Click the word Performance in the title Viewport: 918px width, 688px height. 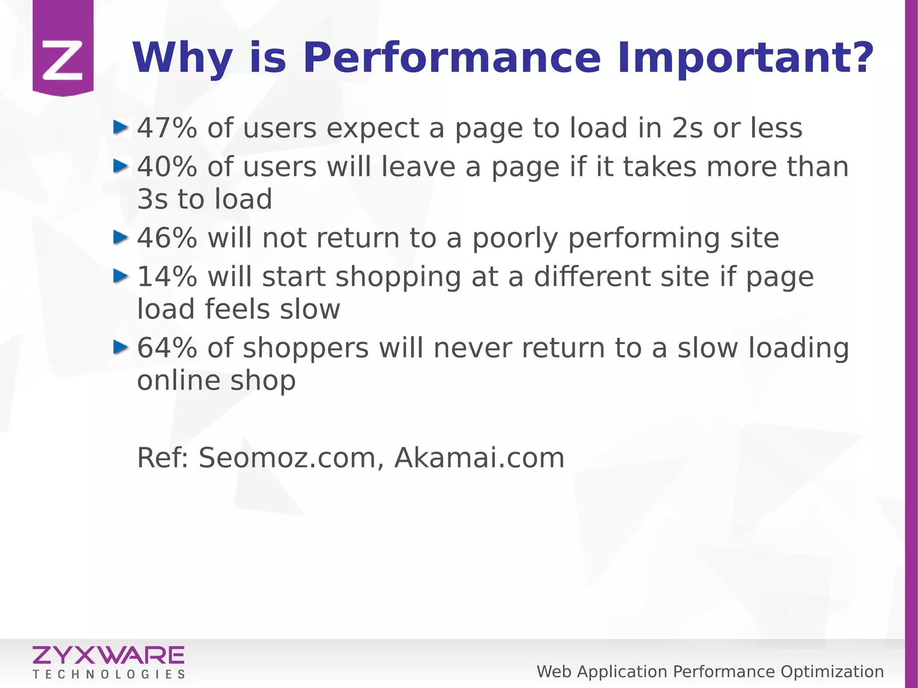click(x=451, y=58)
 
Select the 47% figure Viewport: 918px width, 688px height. click(x=167, y=128)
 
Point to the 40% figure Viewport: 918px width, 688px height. click(x=167, y=167)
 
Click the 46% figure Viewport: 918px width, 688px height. click(x=167, y=238)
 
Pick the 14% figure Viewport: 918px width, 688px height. click(x=167, y=277)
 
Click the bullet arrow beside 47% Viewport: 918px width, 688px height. click(x=121, y=127)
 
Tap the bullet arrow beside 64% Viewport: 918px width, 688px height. click(x=121, y=347)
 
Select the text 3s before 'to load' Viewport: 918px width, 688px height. click(x=152, y=199)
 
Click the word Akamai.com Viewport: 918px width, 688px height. click(x=479, y=458)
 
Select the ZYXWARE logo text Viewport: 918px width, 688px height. click(x=108, y=655)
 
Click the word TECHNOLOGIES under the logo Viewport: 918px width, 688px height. click(x=109, y=674)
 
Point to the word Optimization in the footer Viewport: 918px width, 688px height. click(x=832, y=672)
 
